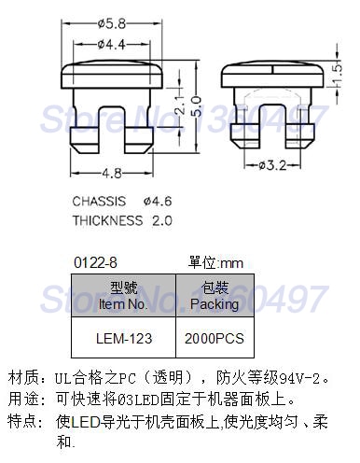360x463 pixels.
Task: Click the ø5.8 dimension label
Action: coord(111,22)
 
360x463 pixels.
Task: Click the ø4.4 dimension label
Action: coord(111,44)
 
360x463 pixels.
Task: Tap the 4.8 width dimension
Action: coord(112,173)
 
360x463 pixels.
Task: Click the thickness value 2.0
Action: coord(160,220)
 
